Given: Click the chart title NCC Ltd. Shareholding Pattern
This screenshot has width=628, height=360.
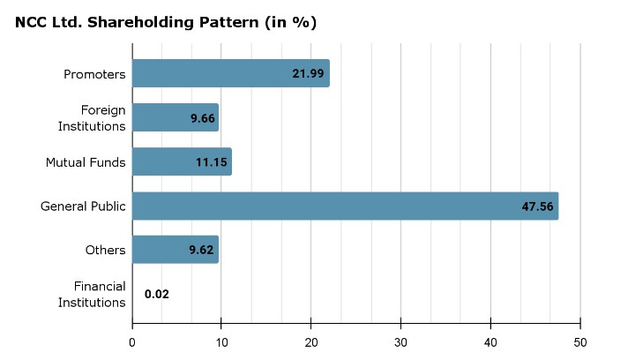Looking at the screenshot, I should pyautogui.click(x=166, y=23).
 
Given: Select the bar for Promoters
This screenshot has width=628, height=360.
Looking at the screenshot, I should pyautogui.click(x=230, y=73).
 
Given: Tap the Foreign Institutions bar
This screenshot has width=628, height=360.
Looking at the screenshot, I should pyautogui.click(x=175, y=117).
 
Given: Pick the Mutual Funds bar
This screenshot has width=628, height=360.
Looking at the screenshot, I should pyautogui.click(x=182, y=161).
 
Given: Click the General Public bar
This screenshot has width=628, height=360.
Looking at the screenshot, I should pyautogui.click(x=345, y=206).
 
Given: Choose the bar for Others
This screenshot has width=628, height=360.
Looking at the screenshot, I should pyautogui.click(x=175, y=250).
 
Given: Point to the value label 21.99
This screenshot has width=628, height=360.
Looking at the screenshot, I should pyautogui.click(x=309, y=73).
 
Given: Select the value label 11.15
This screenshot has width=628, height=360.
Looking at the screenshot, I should pyautogui.click(x=213, y=161).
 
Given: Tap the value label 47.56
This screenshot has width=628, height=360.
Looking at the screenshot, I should pyautogui.click(x=538, y=206).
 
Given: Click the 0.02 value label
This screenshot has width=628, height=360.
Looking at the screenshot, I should pyautogui.click(x=156, y=294).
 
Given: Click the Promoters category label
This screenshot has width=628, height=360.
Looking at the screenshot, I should pyautogui.click(x=94, y=73).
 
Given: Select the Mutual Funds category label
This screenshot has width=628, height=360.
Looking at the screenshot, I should pyautogui.click(x=86, y=161).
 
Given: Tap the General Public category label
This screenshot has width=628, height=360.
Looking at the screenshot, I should pyautogui.click(x=83, y=206).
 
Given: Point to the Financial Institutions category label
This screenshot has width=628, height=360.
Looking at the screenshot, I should pyautogui.click(x=92, y=294).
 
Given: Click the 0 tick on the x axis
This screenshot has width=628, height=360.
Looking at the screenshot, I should pyautogui.click(x=132, y=341).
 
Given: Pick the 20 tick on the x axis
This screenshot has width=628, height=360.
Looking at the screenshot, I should pyautogui.click(x=311, y=341).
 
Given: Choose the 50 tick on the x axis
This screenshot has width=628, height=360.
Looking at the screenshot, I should pyautogui.click(x=579, y=341).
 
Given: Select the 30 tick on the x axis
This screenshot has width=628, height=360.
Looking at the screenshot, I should pyautogui.click(x=401, y=341).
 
